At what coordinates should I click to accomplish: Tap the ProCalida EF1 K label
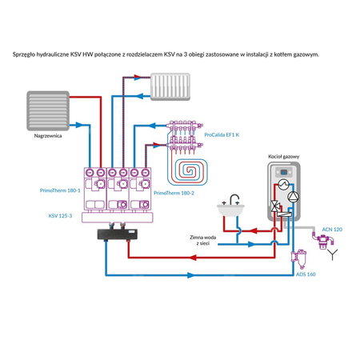222,135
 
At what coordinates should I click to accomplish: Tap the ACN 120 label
331,229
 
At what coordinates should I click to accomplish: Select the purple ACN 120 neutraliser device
328,243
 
